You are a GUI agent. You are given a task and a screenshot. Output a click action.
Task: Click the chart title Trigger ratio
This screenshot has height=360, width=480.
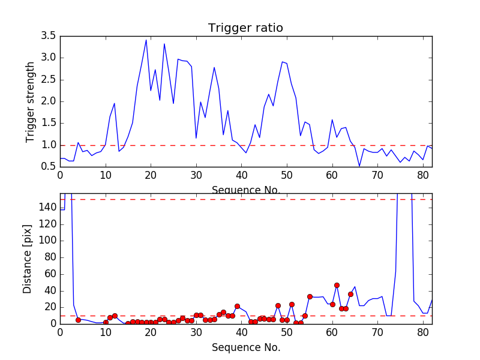click(x=245, y=28)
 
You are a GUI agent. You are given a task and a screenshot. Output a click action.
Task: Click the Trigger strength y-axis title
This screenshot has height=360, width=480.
click(x=31, y=101)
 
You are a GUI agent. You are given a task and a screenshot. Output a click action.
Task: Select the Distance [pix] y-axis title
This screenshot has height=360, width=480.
click(x=28, y=259)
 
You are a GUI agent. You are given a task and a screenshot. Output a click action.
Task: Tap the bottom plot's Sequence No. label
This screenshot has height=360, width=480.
click(x=245, y=347)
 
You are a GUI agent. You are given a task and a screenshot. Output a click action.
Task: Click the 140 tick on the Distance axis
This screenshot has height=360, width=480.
click(x=47, y=207)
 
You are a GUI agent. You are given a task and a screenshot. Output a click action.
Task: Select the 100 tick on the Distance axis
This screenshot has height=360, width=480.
click(x=47, y=241)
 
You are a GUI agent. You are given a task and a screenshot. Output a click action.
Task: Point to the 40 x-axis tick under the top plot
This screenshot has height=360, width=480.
click(x=241, y=175)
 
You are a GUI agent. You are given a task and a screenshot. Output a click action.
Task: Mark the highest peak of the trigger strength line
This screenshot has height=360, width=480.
click(x=146, y=40)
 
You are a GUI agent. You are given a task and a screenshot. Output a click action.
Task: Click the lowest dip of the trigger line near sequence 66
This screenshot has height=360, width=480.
click(x=359, y=166)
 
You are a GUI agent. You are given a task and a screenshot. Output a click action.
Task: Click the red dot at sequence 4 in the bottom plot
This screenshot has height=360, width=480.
click(x=78, y=320)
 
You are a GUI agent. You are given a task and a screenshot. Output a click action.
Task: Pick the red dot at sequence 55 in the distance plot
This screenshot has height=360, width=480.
click(x=310, y=296)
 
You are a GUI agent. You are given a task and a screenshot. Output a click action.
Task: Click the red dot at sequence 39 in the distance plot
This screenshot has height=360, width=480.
click(x=237, y=306)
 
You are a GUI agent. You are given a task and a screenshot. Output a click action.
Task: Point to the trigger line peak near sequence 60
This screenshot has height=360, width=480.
click(x=332, y=119)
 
